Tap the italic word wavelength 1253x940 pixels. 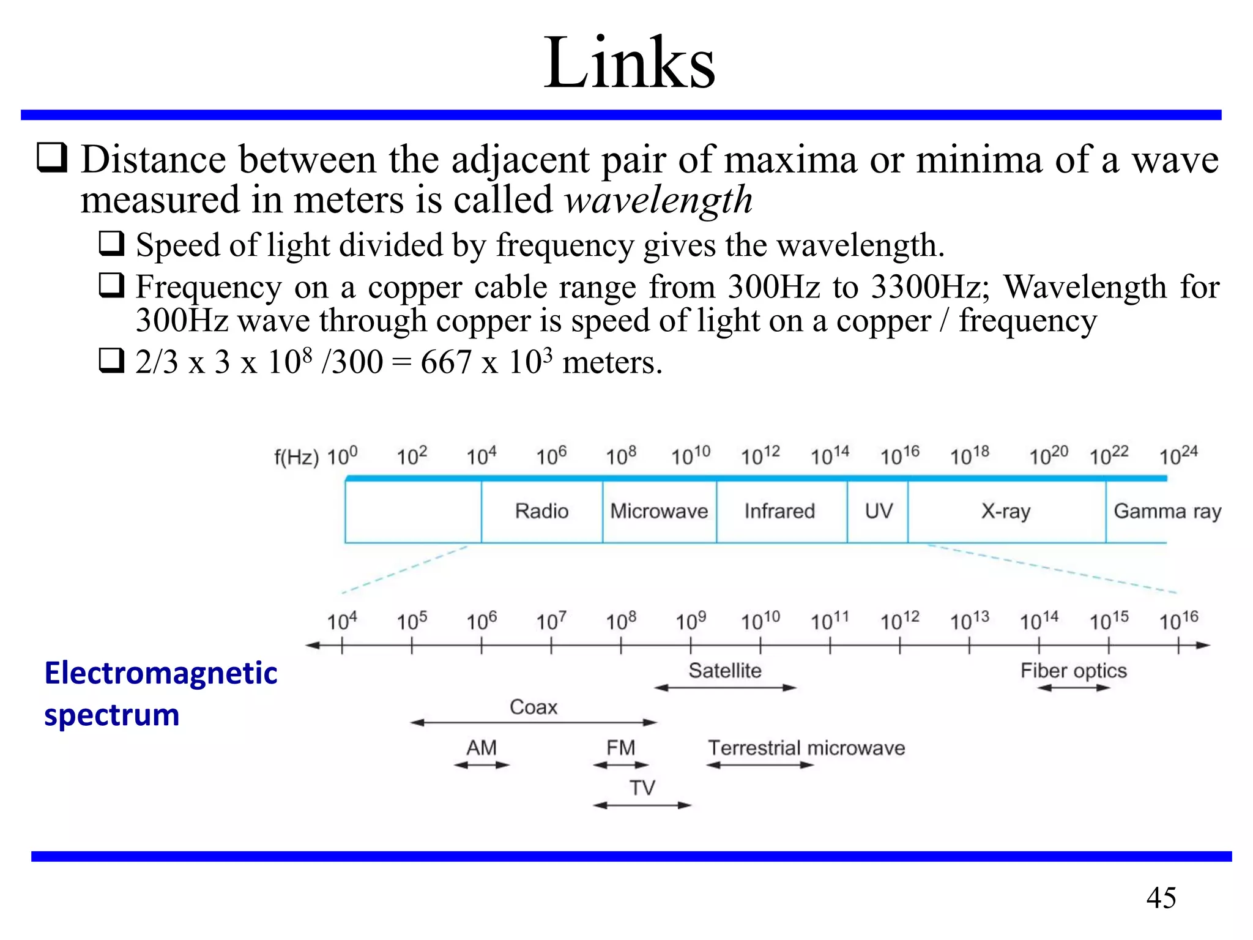click(658, 200)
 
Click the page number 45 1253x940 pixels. click(1161, 898)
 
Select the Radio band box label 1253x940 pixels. click(541, 511)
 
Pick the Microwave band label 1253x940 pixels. click(659, 511)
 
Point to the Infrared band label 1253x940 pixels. click(779, 511)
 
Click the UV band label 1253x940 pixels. click(879, 511)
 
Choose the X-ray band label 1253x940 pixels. click(1006, 511)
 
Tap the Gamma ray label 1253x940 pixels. click(1167, 511)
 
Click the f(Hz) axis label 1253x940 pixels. click(296, 457)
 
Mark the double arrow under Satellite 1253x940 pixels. click(725, 688)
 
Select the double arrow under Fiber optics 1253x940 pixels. click(1074, 688)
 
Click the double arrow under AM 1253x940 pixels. click(481, 765)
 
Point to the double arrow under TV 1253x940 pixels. click(642, 805)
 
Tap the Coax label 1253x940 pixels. click(534, 707)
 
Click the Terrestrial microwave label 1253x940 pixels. click(806, 748)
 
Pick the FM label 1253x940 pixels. click(620, 748)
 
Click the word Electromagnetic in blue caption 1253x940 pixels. click(161, 673)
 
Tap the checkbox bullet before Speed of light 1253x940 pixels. click(111, 244)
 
